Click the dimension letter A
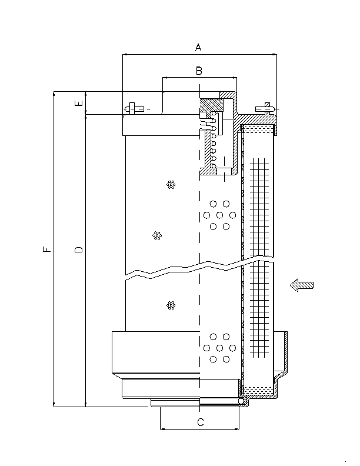point(198,47)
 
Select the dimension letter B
point(199,71)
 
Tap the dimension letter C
point(201,422)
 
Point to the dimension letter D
point(79,249)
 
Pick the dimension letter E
point(79,103)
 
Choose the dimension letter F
point(47,249)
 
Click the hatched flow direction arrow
point(302,285)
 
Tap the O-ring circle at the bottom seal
point(241,401)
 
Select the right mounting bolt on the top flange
point(266,109)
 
